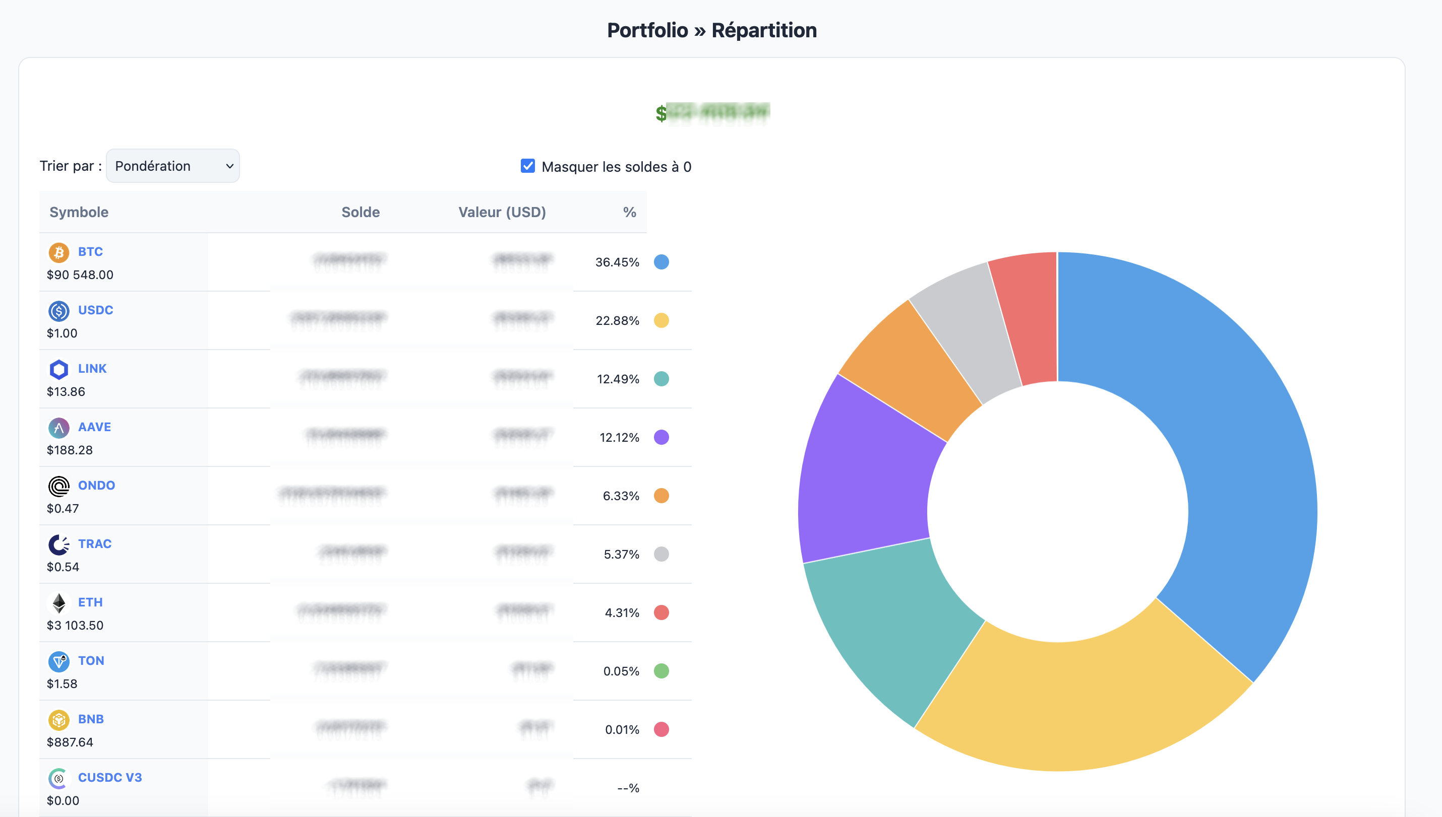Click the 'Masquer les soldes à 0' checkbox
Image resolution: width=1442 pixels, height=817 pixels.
point(527,166)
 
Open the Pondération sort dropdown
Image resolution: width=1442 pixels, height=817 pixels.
point(172,166)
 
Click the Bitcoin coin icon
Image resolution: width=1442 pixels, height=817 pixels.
point(59,252)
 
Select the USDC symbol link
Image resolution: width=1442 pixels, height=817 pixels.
point(95,310)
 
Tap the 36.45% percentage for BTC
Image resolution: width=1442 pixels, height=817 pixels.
point(617,262)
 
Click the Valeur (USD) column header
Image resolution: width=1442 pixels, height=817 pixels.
point(502,212)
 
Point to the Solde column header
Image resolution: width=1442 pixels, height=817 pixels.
point(360,212)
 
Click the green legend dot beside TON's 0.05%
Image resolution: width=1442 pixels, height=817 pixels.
point(662,671)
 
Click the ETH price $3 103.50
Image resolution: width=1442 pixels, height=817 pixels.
point(75,625)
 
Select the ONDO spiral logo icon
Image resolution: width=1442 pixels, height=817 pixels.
point(59,487)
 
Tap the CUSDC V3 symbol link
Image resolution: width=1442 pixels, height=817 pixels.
point(110,778)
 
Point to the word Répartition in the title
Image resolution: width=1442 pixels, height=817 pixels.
point(764,30)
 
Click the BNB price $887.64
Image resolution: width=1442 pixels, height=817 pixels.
point(70,742)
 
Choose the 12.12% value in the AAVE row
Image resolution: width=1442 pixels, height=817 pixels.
point(619,437)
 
